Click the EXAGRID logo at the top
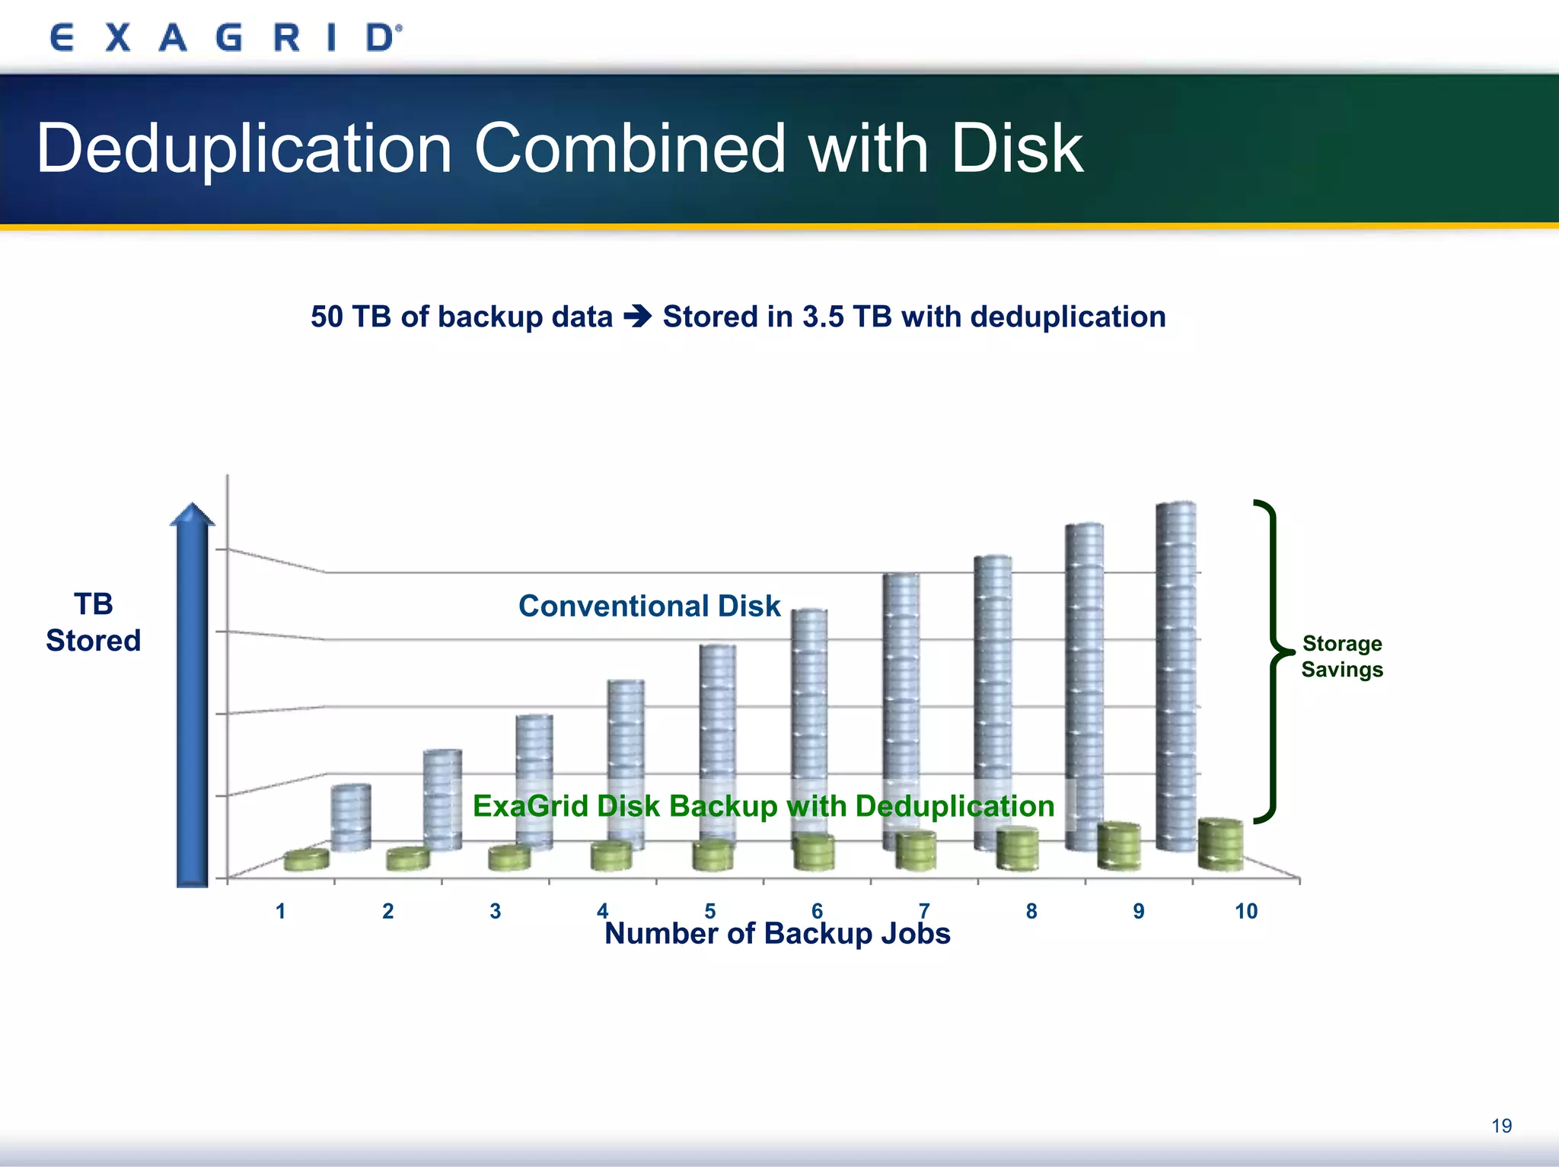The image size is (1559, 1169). (225, 37)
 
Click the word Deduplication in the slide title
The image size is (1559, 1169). (244, 148)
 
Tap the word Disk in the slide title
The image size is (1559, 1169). (1016, 148)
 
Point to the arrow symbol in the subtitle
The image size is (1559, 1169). (638, 316)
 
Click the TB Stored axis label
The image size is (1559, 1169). (93, 623)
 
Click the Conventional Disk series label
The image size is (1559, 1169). (649, 606)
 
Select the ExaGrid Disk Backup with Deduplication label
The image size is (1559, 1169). (763, 806)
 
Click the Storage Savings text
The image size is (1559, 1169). (1341, 656)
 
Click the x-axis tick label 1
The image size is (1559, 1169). (281, 911)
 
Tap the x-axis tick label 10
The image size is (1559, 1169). (1245, 911)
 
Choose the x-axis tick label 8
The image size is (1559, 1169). (1031, 911)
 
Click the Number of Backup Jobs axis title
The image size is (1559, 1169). (776, 934)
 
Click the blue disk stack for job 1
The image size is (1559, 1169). (351, 817)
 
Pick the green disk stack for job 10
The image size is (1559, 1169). (1220, 844)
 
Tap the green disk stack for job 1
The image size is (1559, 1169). (306, 859)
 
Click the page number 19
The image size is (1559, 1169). (1501, 1126)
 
